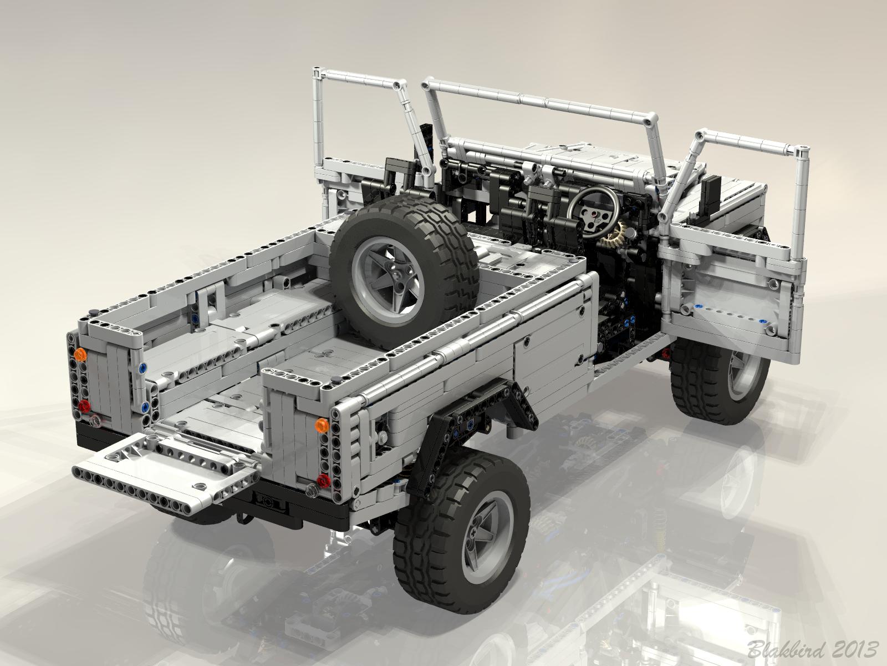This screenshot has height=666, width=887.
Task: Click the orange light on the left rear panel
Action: click(x=81, y=355)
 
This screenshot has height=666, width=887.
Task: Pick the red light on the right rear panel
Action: click(x=323, y=479)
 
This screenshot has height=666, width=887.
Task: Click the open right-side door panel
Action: click(x=732, y=300)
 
